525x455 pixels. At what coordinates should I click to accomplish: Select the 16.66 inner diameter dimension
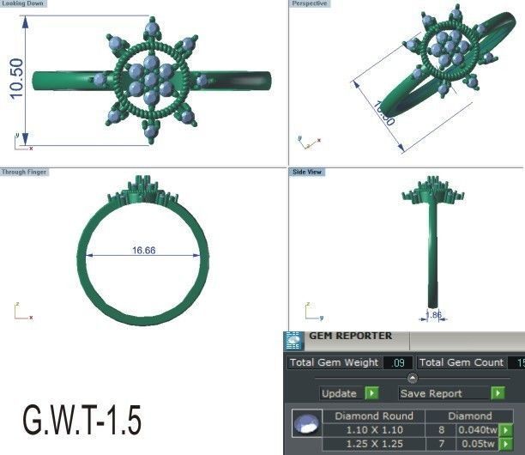[x=143, y=251]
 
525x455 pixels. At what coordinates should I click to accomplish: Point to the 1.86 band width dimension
[x=435, y=316]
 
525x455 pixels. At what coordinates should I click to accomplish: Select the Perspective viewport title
[x=310, y=4]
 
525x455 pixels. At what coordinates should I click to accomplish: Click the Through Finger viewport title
[x=25, y=172]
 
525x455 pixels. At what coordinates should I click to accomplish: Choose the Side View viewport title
[x=307, y=172]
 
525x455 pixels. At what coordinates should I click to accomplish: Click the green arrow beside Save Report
[x=498, y=393]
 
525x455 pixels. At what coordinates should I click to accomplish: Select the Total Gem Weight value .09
[x=397, y=363]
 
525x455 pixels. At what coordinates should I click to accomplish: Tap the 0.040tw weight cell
[x=477, y=430]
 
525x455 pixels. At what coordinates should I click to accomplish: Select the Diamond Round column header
[x=373, y=416]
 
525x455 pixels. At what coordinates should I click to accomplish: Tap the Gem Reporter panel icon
[x=293, y=339]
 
